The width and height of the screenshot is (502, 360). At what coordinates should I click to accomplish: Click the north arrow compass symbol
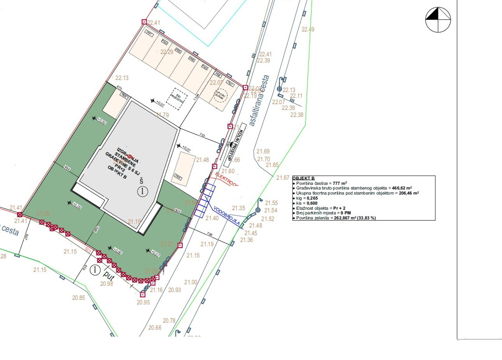[438, 19]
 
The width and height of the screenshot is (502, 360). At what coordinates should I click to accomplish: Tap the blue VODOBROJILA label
[227, 215]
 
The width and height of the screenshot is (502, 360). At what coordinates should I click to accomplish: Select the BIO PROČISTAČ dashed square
[176, 99]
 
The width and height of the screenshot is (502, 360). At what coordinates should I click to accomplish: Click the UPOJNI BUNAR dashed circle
[220, 96]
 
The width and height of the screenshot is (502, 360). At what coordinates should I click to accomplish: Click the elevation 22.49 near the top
[307, 29]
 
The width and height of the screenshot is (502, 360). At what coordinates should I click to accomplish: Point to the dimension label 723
[202, 135]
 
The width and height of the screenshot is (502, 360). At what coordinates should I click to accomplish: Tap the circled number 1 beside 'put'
[95, 270]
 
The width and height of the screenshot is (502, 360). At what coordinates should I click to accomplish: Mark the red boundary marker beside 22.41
[144, 22]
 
